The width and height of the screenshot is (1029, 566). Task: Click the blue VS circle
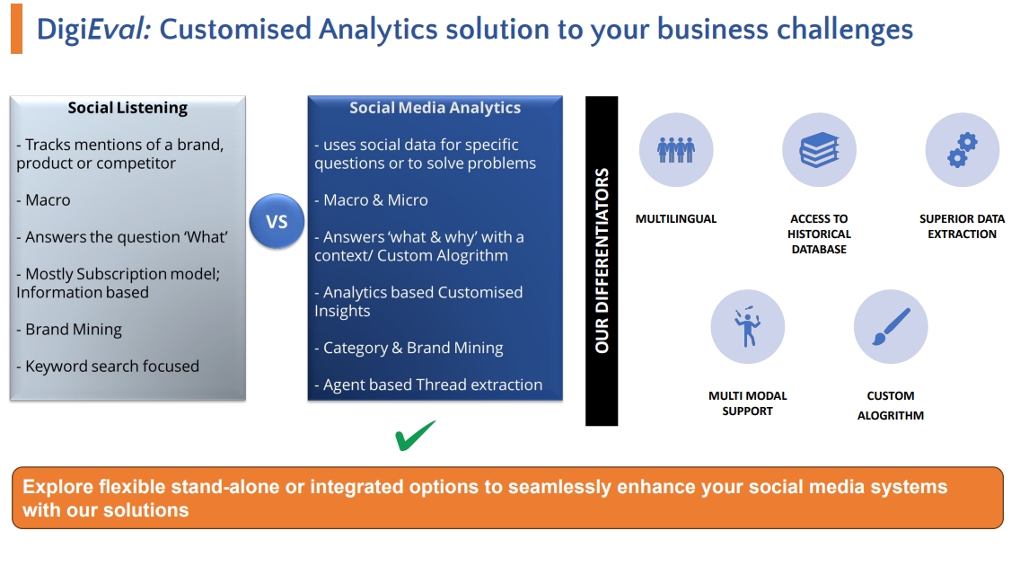pyautogui.click(x=277, y=221)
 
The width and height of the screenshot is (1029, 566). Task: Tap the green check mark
pyautogui.click(x=415, y=436)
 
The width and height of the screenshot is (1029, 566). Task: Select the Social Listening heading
pyautogui.click(x=128, y=108)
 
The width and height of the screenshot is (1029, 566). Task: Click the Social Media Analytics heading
pyautogui.click(x=435, y=108)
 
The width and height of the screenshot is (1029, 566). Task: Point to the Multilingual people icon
pyautogui.click(x=676, y=150)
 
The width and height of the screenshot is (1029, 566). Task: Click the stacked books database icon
pyautogui.click(x=819, y=150)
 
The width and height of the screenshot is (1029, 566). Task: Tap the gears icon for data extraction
pyautogui.click(x=962, y=150)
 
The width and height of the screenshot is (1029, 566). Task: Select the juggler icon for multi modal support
pyautogui.click(x=747, y=326)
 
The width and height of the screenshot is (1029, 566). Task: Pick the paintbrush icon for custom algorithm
pyautogui.click(x=891, y=326)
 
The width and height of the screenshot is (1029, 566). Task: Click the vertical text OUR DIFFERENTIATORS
pyautogui.click(x=602, y=261)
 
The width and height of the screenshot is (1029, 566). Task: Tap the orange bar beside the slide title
pyautogui.click(x=16, y=28)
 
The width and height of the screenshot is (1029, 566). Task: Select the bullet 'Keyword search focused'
pyautogui.click(x=108, y=367)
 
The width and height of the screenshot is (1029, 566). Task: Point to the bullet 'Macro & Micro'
pyautogui.click(x=372, y=200)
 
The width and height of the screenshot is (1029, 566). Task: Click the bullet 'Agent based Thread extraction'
pyautogui.click(x=428, y=385)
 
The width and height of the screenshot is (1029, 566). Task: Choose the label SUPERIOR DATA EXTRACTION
pyautogui.click(x=962, y=226)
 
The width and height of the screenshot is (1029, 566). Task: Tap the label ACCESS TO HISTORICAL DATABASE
pyautogui.click(x=819, y=234)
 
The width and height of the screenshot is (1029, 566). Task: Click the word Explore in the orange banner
pyautogui.click(x=57, y=487)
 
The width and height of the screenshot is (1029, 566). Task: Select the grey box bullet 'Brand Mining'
pyautogui.click(x=69, y=330)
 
